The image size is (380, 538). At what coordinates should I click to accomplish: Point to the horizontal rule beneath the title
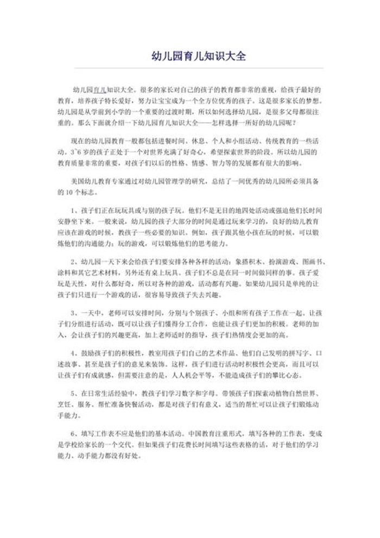point(199,68)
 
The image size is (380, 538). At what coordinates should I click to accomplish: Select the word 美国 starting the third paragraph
point(78,180)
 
